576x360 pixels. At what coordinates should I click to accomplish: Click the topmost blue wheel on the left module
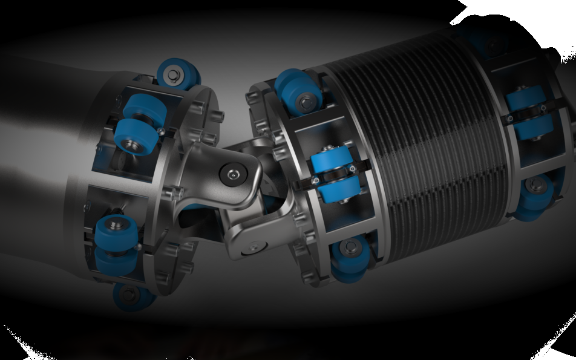click(179, 73)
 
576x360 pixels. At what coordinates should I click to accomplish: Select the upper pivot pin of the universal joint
click(233, 174)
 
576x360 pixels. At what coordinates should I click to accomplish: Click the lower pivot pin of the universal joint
click(253, 247)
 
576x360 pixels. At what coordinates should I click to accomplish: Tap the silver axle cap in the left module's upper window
click(129, 144)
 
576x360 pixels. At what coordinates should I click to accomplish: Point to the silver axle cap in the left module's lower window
click(117, 224)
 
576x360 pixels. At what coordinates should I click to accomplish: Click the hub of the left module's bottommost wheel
click(128, 295)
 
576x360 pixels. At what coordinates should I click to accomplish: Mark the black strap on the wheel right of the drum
click(528, 113)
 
